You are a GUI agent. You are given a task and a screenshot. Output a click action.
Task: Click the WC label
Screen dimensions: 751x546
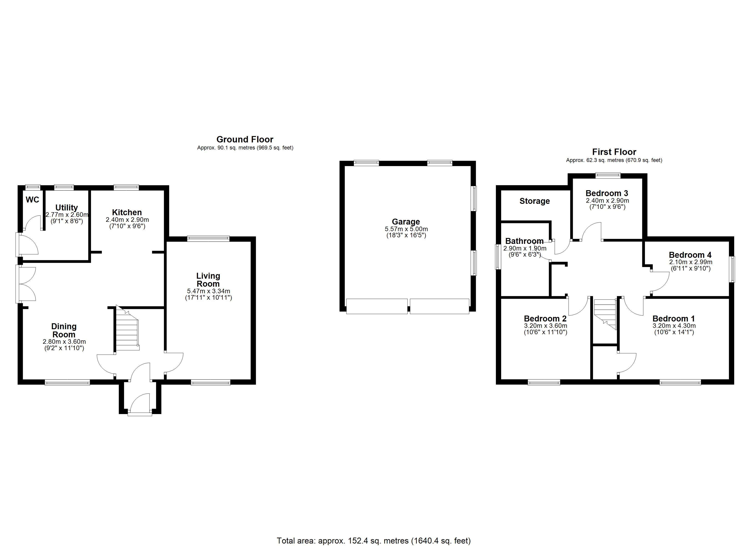(33, 200)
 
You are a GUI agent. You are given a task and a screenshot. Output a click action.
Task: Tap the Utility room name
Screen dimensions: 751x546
(66, 208)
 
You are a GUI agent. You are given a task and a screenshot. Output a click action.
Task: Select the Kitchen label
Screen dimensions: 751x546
(127, 212)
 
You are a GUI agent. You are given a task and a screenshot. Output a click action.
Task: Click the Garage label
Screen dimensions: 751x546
(406, 222)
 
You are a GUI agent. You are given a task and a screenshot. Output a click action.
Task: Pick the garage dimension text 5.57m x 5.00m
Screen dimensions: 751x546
(406, 229)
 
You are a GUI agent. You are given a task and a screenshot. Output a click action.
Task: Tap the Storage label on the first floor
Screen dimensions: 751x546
(535, 201)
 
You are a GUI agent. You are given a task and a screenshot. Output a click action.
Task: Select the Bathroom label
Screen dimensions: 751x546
(525, 241)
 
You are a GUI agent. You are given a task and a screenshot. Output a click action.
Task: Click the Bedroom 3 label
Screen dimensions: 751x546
(607, 193)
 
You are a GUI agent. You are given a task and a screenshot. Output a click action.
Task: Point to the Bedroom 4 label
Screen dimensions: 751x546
(690, 255)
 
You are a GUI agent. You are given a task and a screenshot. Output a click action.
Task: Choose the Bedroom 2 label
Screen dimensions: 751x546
(545, 318)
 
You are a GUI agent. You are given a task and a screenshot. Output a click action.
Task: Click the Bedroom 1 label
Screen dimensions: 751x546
(674, 318)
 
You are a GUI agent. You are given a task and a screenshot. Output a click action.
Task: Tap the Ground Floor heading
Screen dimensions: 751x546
(245, 139)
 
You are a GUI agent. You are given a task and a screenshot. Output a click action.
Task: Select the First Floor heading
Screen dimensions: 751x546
(614, 152)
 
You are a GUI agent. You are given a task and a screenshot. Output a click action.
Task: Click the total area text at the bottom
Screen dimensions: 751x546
(373, 541)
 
